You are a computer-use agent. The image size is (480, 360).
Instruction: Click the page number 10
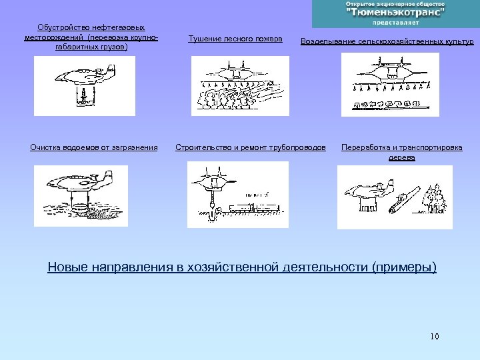(x=435, y=336)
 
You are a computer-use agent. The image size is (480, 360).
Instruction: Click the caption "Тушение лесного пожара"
(x=235, y=39)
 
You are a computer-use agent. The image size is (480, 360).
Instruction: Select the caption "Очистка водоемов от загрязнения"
(x=94, y=147)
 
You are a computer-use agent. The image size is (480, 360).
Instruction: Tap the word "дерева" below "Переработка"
(x=402, y=158)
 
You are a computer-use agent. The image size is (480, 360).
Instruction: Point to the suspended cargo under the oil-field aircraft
(x=83, y=97)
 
